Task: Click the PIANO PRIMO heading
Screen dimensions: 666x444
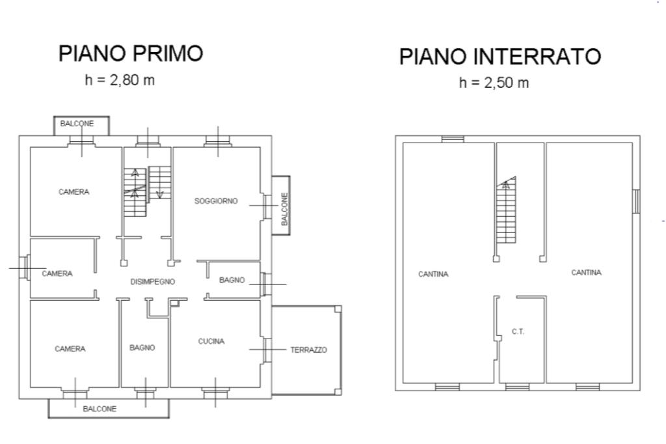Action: tap(130, 53)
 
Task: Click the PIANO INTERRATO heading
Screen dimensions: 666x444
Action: tap(500, 56)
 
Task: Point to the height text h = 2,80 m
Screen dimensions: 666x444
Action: tap(120, 79)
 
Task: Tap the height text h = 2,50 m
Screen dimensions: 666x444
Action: tap(494, 83)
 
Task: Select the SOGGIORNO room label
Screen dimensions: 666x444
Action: tap(216, 201)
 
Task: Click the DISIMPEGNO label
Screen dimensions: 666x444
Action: tap(152, 281)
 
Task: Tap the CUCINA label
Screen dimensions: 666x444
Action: tap(211, 341)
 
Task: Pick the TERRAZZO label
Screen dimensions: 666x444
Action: tap(309, 350)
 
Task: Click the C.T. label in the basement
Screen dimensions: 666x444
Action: tap(518, 331)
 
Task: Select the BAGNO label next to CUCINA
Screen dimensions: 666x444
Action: tap(142, 348)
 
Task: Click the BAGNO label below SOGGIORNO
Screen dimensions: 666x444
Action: tap(232, 280)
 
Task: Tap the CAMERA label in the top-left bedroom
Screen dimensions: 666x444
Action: tap(74, 192)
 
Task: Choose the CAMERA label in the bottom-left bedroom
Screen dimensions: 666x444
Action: tap(70, 349)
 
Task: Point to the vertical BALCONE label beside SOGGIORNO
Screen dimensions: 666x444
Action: tap(285, 209)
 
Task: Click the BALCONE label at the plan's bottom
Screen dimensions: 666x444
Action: tap(100, 409)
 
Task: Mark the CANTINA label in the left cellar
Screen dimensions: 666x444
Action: tap(433, 274)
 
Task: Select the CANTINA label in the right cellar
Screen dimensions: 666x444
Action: tap(586, 272)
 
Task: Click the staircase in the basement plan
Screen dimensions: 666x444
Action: tap(506, 210)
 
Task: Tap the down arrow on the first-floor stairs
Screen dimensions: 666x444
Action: tap(160, 194)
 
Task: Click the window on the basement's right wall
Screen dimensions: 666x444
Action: tap(636, 201)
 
